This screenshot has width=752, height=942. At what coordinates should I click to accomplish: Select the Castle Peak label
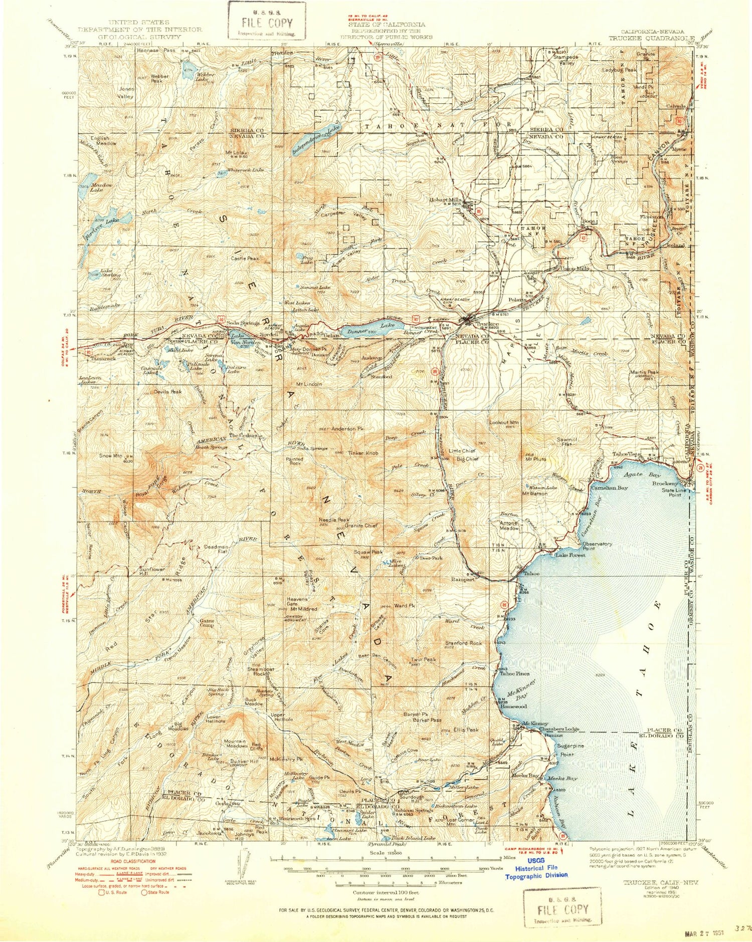coord(245,259)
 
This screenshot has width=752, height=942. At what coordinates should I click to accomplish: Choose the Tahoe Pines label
coord(514,673)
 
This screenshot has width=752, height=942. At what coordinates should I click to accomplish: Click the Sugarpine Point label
coord(571,750)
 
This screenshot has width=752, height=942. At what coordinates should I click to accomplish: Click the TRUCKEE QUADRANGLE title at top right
coord(651,38)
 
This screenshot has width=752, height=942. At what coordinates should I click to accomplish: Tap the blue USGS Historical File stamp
coord(536,868)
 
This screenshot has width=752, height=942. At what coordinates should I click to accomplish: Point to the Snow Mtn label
coord(110,456)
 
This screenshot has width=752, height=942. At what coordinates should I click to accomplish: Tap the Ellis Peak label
coord(467,730)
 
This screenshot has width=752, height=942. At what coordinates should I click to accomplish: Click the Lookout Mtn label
coord(504,422)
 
